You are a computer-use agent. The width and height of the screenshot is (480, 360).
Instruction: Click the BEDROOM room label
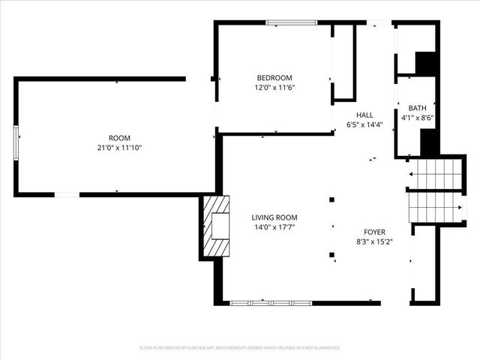[x=274, y=78]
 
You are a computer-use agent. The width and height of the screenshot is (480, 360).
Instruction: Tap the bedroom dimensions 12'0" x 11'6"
[x=274, y=88]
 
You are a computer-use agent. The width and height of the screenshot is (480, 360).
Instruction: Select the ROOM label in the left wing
[x=119, y=138]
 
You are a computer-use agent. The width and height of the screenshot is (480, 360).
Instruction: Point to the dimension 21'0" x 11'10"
[x=119, y=148]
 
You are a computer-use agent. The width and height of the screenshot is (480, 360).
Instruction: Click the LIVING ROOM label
[x=274, y=217]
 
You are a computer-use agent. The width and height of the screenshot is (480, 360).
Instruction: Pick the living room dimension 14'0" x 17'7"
[x=274, y=227]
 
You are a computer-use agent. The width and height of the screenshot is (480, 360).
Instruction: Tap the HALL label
[x=365, y=115]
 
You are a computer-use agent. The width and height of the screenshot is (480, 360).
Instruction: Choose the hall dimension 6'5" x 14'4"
[x=365, y=124]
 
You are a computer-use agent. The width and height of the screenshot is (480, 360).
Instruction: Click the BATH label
[x=418, y=108]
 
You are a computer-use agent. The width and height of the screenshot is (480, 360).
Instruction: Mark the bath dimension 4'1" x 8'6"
[x=418, y=118]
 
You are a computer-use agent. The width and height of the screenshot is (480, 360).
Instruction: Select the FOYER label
[x=375, y=232]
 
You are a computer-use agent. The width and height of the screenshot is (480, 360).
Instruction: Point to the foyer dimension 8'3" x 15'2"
[x=375, y=242]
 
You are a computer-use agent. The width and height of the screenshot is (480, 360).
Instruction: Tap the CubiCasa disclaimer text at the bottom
[x=240, y=348]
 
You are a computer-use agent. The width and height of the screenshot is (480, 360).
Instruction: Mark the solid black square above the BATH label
[x=426, y=63]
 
